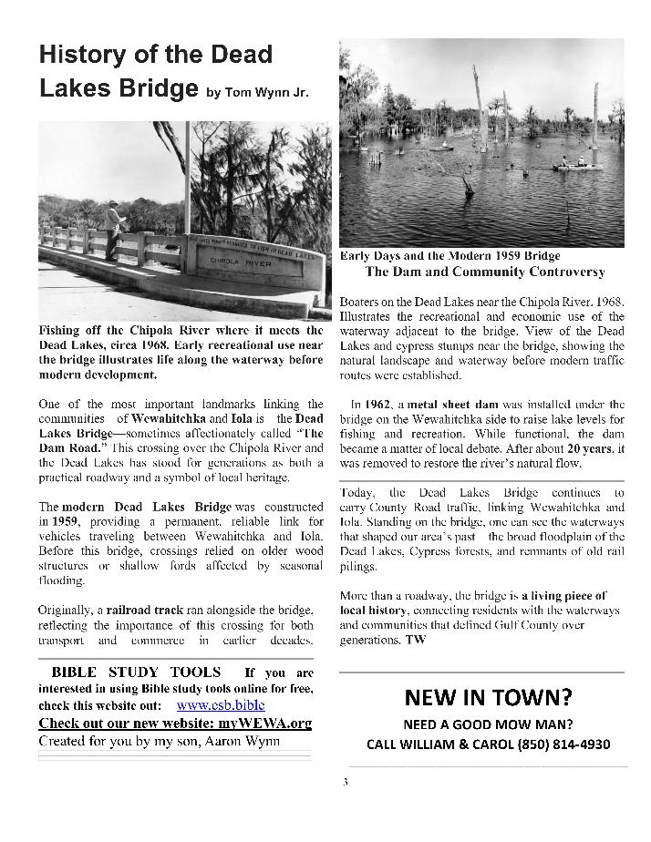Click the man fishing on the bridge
pos(111,231)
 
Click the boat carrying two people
pos(576,165)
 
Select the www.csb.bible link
pos(220,704)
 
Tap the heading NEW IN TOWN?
pos(488,698)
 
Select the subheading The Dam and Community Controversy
pos(485,272)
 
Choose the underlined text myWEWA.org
pos(262,723)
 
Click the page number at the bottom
pos(345,781)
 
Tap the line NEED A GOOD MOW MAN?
pos(488,724)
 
